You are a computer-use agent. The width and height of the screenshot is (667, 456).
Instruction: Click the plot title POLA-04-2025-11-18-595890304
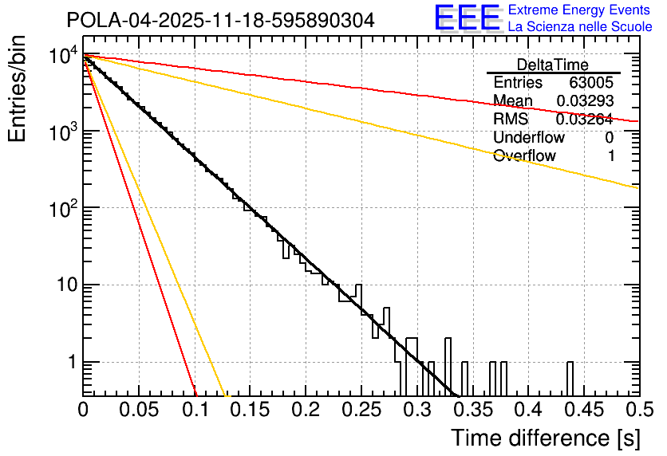220,21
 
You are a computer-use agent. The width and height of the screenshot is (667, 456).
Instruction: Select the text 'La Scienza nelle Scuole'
579,26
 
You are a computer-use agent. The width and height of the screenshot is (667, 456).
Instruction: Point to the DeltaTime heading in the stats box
553,65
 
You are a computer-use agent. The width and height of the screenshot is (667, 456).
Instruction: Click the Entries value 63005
590,83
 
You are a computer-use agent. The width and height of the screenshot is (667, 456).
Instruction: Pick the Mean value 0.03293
584,101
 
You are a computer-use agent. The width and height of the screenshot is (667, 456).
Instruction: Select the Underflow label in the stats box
527,138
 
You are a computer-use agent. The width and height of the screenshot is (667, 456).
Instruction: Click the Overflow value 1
611,156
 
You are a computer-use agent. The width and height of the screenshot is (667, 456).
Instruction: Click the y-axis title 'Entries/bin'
17,89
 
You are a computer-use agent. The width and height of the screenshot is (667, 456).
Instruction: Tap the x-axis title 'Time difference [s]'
544,438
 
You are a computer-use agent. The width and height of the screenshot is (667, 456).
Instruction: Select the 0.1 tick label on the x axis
194,410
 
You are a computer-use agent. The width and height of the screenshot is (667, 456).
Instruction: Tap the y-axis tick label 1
69,363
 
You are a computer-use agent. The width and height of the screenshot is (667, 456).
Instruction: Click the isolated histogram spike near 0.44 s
570,378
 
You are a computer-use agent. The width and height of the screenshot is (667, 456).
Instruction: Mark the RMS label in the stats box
511,120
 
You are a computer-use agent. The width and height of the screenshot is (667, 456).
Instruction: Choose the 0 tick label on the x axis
83,410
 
